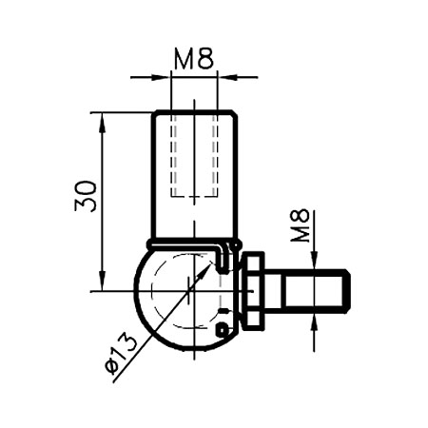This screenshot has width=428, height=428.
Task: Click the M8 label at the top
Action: [x=194, y=58]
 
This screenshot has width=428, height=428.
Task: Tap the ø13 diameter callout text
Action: [x=121, y=353]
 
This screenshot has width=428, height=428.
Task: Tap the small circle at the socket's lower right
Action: [x=222, y=329]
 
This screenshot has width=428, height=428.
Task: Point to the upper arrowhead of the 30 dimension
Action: [x=101, y=119]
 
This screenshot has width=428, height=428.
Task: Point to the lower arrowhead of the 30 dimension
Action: [x=101, y=283]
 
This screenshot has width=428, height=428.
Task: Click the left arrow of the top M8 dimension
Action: [x=162, y=76]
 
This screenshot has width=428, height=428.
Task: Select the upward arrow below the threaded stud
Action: [x=313, y=318]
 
